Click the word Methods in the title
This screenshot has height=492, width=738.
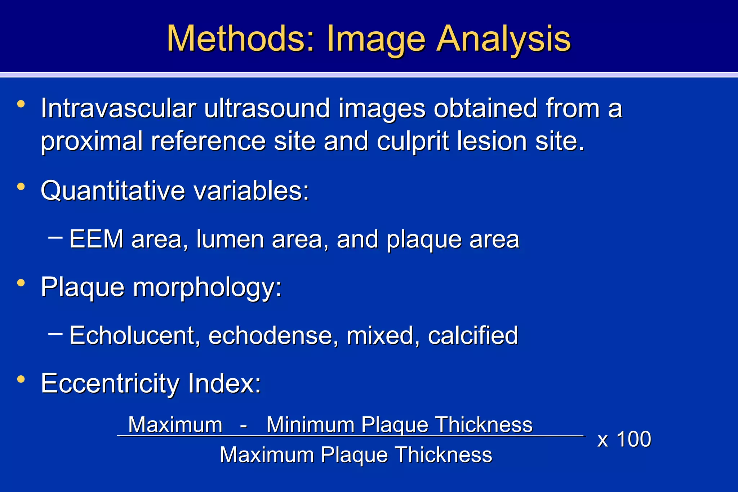(x=240, y=39)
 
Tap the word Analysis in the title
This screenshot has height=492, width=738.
(x=503, y=39)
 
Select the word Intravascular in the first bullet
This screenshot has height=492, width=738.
(x=118, y=108)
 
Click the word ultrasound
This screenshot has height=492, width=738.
(x=267, y=108)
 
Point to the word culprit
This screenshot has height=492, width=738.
(x=413, y=141)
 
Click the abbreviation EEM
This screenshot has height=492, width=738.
(x=96, y=239)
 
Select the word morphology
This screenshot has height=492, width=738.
(x=207, y=288)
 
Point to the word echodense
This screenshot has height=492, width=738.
(x=274, y=336)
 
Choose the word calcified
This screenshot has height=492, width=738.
(x=473, y=336)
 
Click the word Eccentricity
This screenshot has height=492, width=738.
(x=110, y=384)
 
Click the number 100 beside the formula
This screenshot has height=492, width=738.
(x=634, y=439)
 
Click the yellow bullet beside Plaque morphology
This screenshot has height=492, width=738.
(x=21, y=283)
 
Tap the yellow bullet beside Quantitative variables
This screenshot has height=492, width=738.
(x=21, y=187)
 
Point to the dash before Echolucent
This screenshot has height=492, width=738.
(x=55, y=334)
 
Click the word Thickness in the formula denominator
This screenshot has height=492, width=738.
(x=444, y=455)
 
